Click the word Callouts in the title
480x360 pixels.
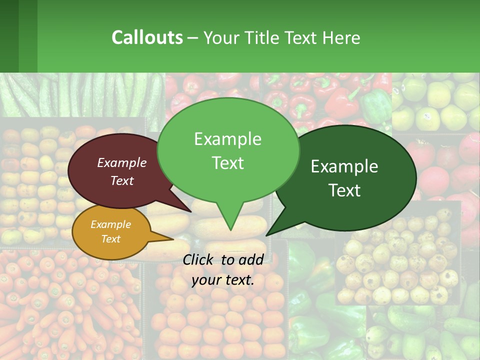pyautogui.click(x=147, y=37)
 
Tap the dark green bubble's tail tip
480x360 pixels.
pyautogui.click(x=267, y=234)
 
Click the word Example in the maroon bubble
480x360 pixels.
pyautogui.click(x=121, y=163)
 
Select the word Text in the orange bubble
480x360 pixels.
pyautogui.click(x=111, y=239)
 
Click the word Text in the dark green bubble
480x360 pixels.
pyautogui.click(x=345, y=190)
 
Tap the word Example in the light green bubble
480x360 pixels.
pyautogui.click(x=227, y=139)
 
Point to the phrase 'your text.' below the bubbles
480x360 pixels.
pyautogui.click(x=223, y=280)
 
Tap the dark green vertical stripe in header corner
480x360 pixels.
pyautogui.click(x=9, y=36)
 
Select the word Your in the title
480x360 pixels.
pyautogui.click(x=219, y=38)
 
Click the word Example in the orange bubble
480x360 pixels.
pyautogui.click(x=111, y=224)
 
